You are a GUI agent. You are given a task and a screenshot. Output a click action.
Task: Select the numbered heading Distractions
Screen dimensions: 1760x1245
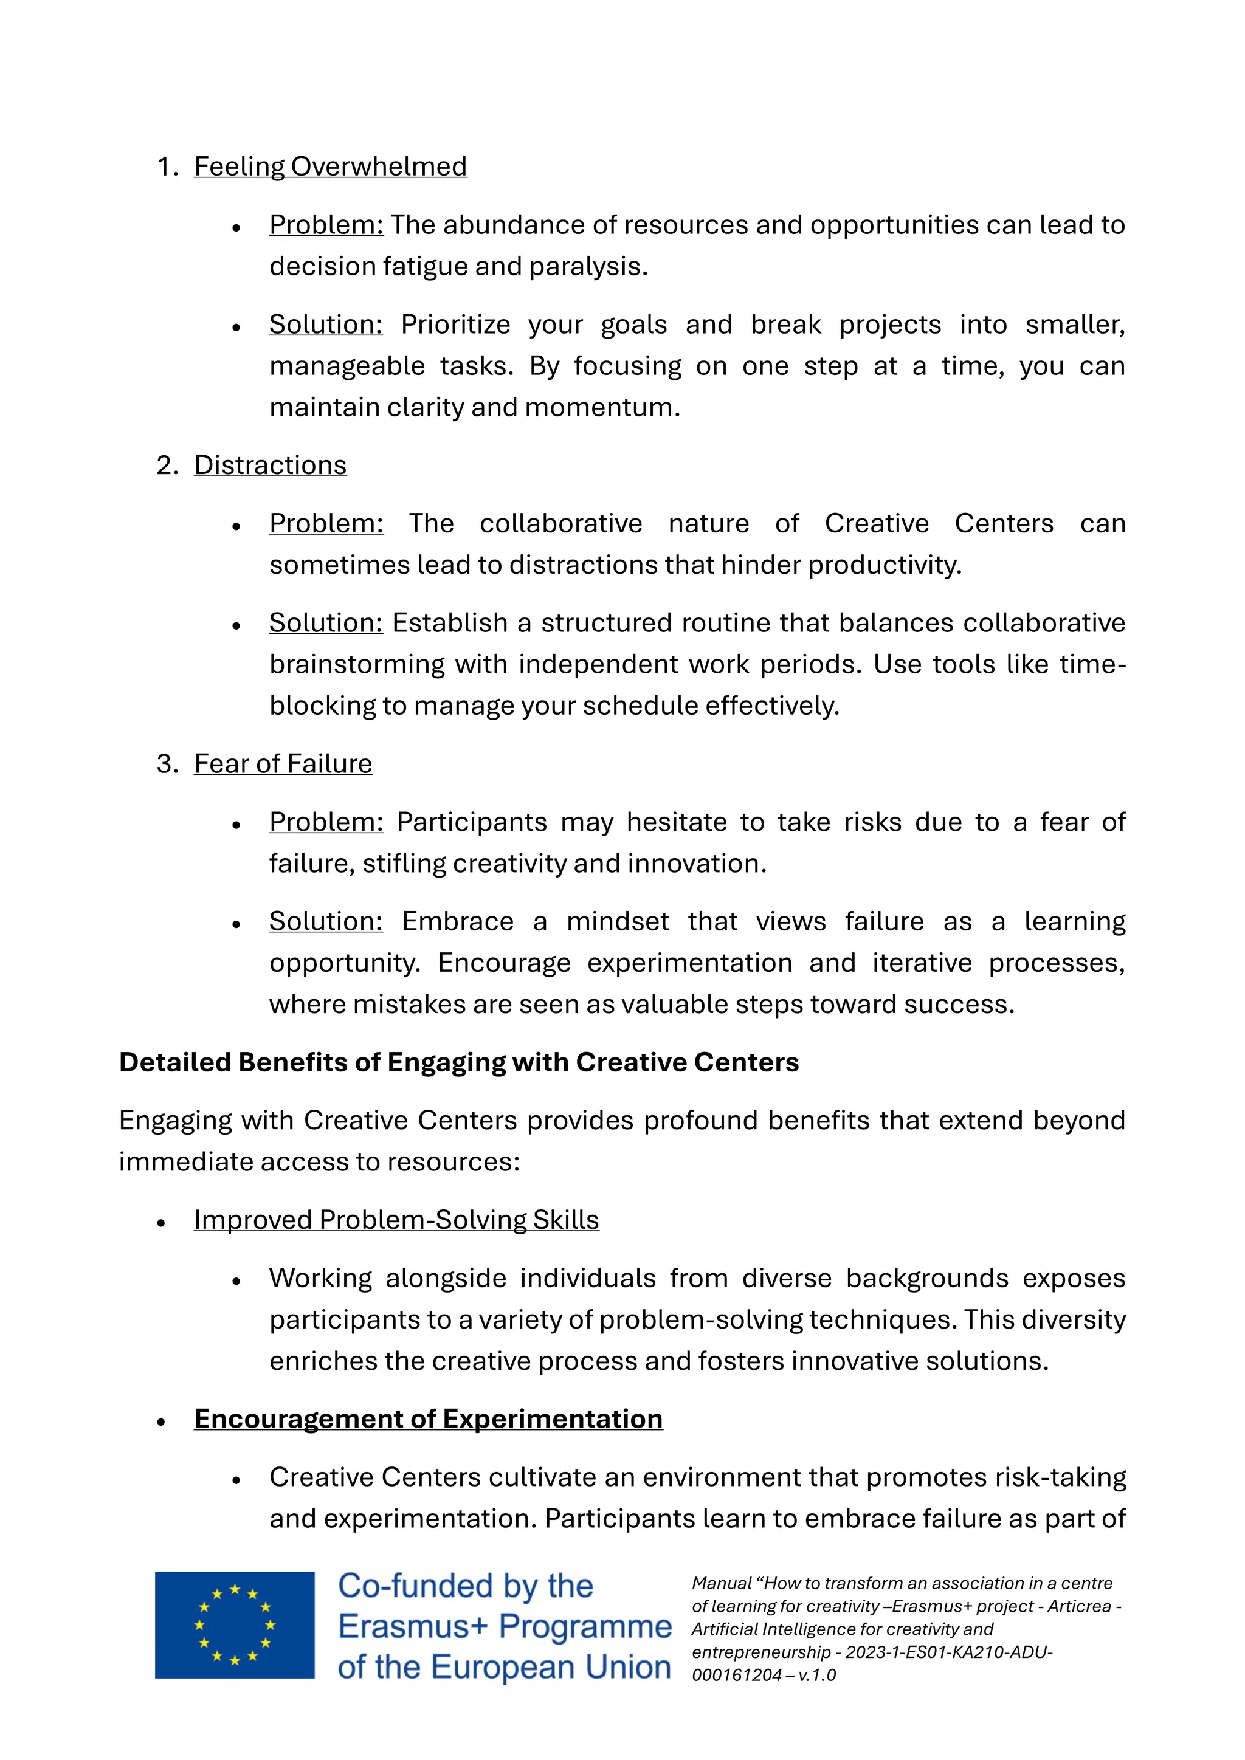coord(270,466)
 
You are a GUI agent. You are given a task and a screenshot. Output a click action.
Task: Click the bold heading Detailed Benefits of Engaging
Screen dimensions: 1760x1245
coord(458,1062)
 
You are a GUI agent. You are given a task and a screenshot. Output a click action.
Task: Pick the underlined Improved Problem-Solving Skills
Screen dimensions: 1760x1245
coord(396,1220)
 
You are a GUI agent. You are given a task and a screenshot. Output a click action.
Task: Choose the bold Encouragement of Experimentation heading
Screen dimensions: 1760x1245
coord(428,1419)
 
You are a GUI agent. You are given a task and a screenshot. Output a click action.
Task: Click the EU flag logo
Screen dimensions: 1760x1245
coord(235,1625)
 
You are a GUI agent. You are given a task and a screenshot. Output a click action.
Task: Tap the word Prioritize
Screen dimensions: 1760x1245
coord(455,325)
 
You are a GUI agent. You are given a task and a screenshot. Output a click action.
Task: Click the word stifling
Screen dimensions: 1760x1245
coord(404,864)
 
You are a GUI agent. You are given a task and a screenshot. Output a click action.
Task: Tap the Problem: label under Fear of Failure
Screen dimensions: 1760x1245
coord(326,822)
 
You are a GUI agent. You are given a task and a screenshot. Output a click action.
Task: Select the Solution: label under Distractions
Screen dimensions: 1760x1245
coord(326,623)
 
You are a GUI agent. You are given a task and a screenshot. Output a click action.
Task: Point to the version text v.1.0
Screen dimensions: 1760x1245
coord(816,1675)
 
